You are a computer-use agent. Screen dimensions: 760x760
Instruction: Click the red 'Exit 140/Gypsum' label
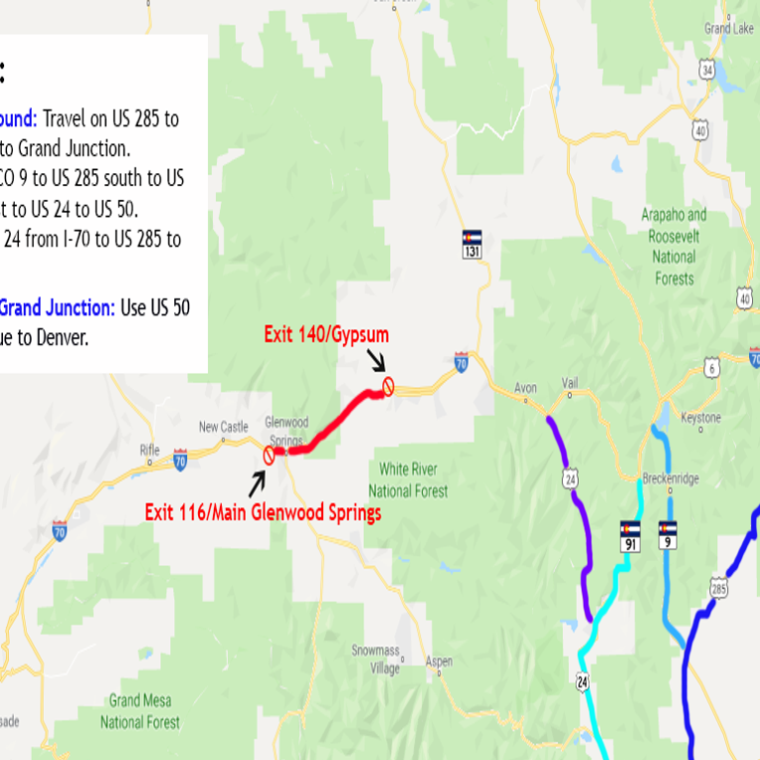point(326,335)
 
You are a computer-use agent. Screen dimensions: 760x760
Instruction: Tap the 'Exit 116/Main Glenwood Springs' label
point(263,513)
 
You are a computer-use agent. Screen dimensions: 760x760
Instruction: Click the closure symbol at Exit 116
point(269,455)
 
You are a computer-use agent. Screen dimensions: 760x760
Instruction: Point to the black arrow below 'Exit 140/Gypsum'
point(376,360)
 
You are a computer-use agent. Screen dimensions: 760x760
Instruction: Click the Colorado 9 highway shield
point(668,534)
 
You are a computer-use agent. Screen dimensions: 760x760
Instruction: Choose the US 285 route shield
point(717,591)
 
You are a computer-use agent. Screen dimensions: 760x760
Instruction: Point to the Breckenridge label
point(670,478)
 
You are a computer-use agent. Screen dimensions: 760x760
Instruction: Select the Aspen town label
point(438,662)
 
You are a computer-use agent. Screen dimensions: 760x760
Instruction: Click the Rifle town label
point(149,449)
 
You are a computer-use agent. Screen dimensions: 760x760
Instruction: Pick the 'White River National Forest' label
point(408,478)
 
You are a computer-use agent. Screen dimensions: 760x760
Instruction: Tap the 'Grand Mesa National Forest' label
point(139,711)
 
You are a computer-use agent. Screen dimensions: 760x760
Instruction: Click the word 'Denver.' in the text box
point(60,337)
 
